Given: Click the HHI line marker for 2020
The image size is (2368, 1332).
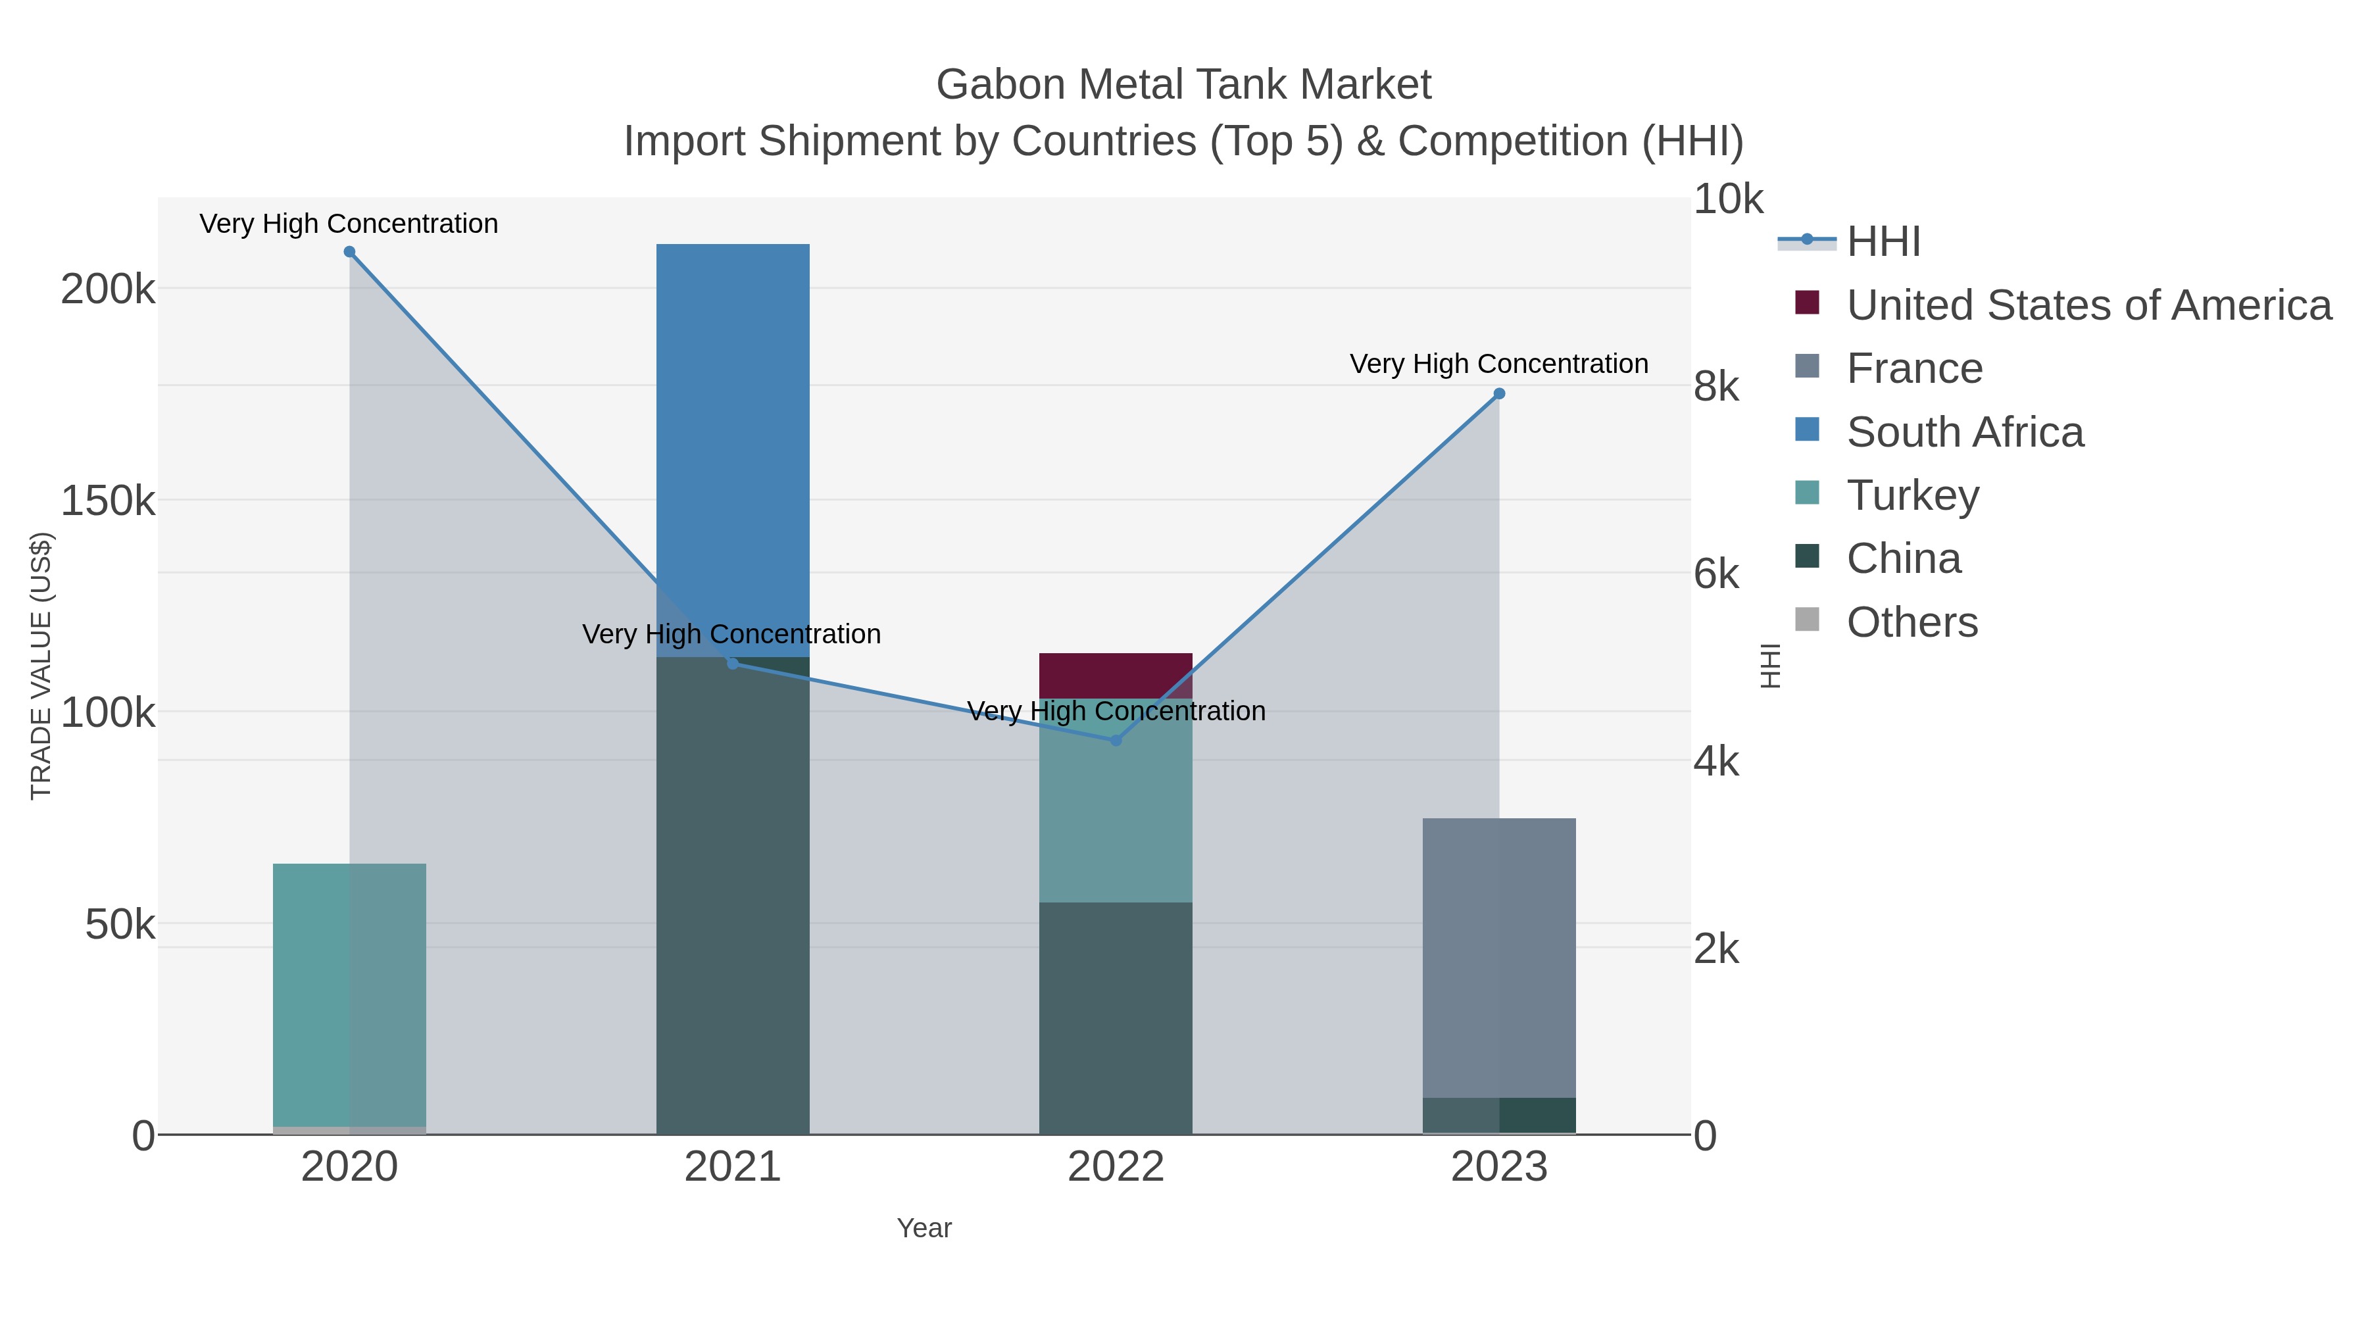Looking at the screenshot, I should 349,252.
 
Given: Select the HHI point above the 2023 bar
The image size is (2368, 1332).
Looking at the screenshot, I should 1499,393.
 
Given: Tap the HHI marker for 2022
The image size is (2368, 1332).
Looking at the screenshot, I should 1116,740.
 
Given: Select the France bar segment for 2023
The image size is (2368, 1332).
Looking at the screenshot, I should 1498,956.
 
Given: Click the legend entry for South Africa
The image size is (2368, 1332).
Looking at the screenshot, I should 1964,432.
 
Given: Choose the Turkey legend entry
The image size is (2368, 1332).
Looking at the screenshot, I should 1912,495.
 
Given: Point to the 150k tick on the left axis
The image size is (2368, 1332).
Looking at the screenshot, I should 108,502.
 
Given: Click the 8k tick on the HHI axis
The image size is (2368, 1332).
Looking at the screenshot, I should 1716,387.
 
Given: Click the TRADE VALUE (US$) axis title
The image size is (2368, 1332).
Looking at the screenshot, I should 41,666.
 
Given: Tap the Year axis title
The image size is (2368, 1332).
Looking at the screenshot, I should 924,1228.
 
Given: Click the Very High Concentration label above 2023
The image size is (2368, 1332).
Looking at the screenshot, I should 1498,364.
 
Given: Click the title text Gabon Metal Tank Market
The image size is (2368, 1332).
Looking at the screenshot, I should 1183,85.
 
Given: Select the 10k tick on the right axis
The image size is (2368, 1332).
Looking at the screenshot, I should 1728,199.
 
